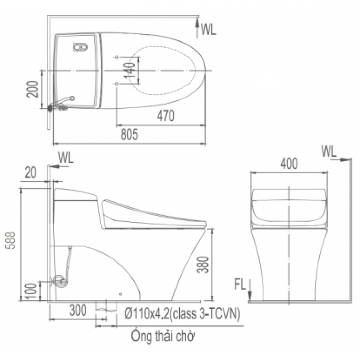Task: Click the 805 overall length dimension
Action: pos(129,135)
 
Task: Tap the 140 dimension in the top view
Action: pos(129,70)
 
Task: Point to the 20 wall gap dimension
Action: pos(30,171)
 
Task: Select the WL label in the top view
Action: pos(208,30)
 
